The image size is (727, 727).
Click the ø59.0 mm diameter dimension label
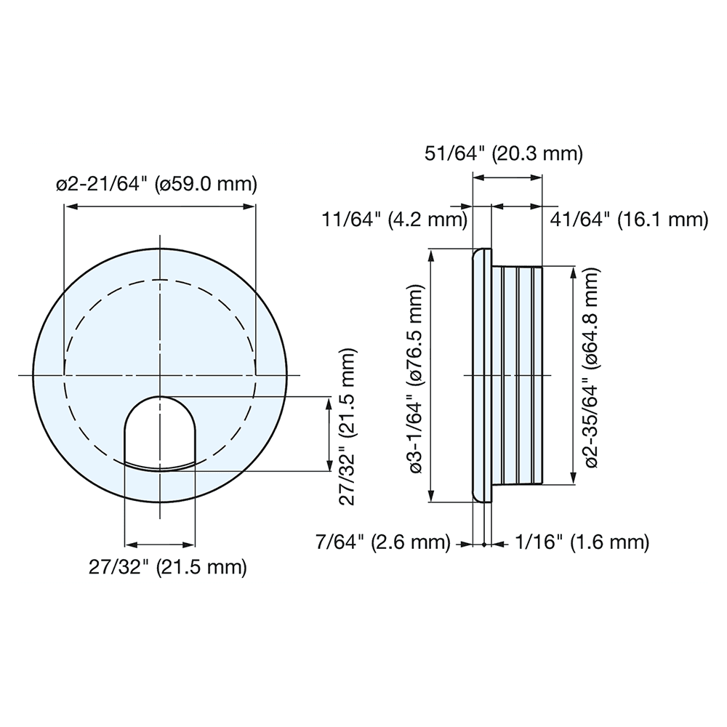point(157,184)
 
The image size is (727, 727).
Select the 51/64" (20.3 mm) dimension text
point(504,153)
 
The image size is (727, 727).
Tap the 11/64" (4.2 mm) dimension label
point(394,219)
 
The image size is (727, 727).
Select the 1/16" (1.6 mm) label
point(582,542)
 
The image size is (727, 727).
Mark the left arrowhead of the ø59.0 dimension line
point(68,207)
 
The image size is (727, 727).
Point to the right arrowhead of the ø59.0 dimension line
point(251,207)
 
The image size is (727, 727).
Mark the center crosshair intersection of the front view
point(159,376)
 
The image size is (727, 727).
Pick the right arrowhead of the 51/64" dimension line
point(539,176)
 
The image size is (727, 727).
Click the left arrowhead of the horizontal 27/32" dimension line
point(129,544)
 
